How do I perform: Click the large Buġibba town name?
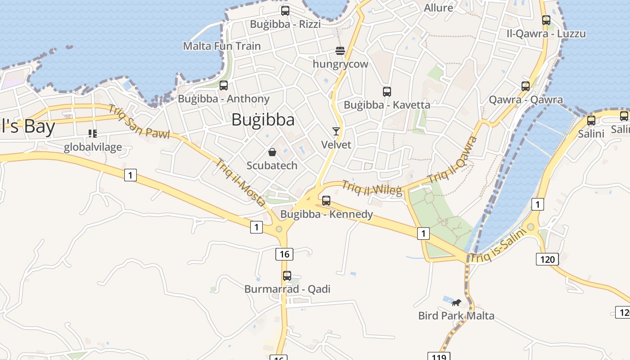click(263, 120)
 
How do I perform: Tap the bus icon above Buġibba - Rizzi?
click(285, 11)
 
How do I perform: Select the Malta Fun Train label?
click(222, 46)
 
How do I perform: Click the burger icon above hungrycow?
click(340, 50)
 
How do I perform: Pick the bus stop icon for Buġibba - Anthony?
click(224, 85)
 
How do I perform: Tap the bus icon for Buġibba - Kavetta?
click(387, 92)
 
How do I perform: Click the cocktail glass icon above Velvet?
click(336, 131)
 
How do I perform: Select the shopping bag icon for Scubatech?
click(272, 152)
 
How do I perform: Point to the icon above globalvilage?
click(93, 133)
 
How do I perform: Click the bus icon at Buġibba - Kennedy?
click(326, 201)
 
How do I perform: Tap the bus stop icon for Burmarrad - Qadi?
click(287, 275)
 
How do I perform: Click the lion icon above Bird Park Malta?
click(456, 302)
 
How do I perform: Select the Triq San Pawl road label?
click(139, 121)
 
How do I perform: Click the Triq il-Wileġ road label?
click(372, 188)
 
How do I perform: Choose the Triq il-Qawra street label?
click(453, 159)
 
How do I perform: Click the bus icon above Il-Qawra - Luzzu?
click(546, 20)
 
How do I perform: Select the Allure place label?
click(439, 8)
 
